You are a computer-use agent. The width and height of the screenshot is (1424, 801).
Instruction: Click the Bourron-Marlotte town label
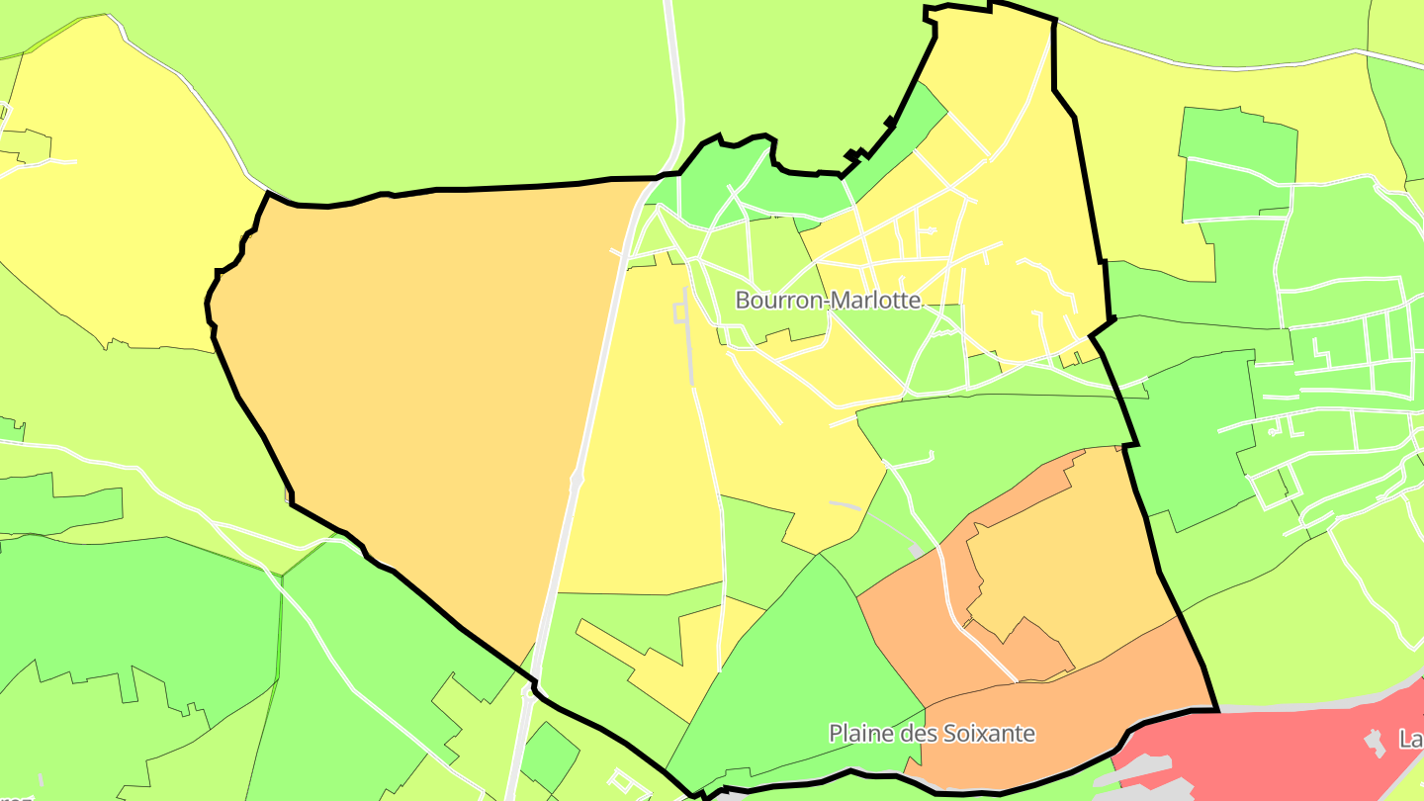829,300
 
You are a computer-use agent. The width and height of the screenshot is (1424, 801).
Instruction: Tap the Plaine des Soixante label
932,734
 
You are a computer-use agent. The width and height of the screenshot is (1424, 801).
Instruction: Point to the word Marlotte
873,300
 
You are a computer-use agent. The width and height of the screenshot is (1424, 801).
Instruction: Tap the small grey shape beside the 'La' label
1374,742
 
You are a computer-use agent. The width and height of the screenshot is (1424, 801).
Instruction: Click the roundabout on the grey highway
578,479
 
